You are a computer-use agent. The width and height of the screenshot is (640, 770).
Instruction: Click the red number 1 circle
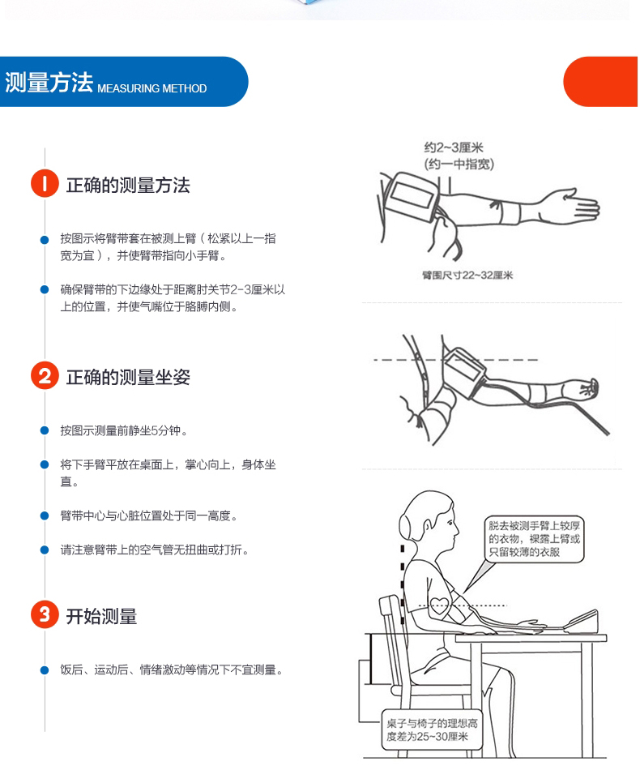pos(45,184)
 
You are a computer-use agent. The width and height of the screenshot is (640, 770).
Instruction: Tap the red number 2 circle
pos(45,376)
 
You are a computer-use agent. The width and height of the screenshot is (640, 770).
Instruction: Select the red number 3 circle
pos(45,614)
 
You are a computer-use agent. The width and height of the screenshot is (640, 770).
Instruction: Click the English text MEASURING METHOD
pos(151,88)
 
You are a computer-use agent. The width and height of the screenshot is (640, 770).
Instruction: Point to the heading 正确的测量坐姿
pos(128,377)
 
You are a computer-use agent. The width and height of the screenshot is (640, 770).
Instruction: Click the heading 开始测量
pos(101,616)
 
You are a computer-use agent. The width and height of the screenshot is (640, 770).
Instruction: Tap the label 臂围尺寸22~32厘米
pos(467,275)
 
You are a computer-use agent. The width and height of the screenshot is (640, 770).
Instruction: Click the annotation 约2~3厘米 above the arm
pos(454,148)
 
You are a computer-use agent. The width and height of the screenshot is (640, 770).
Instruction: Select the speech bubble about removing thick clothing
pos(534,539)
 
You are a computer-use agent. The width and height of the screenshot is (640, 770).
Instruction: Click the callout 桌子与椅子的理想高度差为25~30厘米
pos(432,729)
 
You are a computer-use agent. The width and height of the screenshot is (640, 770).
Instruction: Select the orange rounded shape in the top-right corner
pos(601,82)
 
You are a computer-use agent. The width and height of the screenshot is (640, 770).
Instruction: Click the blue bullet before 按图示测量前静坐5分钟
pos(45,430)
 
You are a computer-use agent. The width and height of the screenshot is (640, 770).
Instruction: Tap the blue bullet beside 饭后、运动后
pos(45,669)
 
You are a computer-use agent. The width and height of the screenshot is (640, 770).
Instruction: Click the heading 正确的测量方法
pos(128,185)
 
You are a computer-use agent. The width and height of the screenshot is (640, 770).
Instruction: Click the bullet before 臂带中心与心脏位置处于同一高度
pos(45,515)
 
